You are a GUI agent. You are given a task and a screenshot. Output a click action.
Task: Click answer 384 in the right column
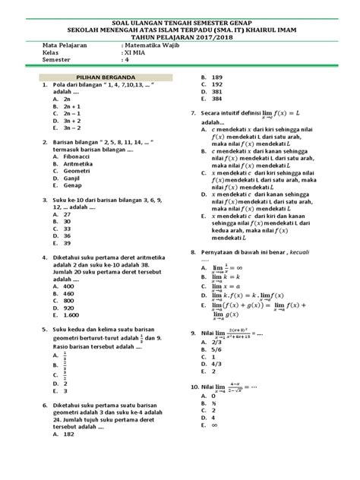(217, 99)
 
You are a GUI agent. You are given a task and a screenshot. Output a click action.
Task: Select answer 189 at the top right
(217, 77)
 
